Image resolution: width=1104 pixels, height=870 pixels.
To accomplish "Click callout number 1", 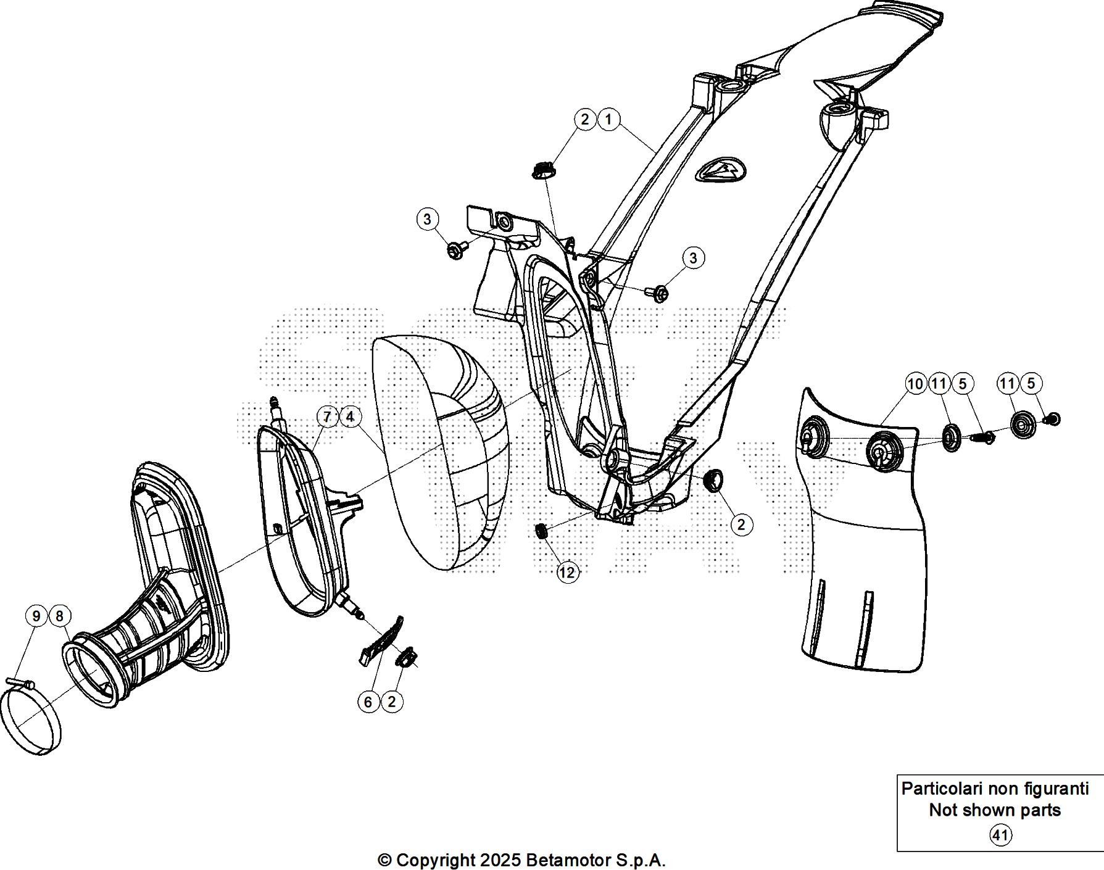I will click(608, 119).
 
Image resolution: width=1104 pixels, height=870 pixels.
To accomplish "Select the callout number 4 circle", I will click(350, 416).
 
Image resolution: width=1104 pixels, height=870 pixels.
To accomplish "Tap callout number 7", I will click(328, 416).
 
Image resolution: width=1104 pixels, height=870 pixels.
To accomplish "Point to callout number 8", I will click(60, 616).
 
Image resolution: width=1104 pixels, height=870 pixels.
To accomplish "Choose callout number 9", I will click(36, 616).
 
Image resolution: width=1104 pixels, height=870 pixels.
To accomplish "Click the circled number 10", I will click(915, 384).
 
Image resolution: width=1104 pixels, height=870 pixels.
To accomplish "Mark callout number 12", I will click(567, 573).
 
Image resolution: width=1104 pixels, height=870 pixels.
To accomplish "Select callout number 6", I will click(368, 702).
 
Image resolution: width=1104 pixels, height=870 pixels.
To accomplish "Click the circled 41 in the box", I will click(1000, 835).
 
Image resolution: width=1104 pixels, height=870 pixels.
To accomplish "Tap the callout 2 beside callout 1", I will click(585, 119).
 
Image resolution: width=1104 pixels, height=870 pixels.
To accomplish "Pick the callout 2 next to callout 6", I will click(392, 702).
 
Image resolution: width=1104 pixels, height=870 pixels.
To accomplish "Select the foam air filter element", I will click(441, 450).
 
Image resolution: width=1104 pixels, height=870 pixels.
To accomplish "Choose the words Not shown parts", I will click(995, 810).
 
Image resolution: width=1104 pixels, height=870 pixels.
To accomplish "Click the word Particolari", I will click(942, 789).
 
